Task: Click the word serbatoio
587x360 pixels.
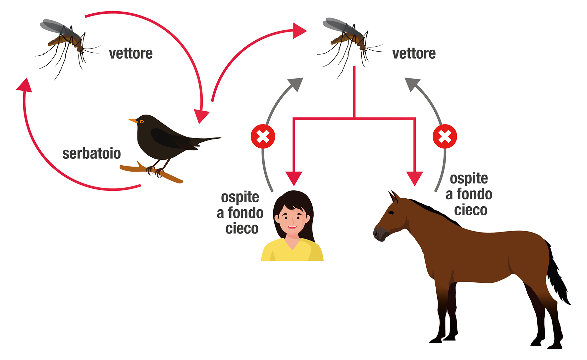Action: tap(91, 154)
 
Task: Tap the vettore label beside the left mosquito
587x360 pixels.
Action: tap(131, 54)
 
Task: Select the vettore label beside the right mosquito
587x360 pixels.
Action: tap(414, 54)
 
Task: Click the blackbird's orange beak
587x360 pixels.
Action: tap(133, 121)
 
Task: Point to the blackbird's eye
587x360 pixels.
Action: tap(142, 122)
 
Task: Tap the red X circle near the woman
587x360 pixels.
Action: tap(263, 136)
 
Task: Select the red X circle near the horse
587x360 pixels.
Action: tap(445, 136)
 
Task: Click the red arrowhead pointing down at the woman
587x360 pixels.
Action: tap(294, 178)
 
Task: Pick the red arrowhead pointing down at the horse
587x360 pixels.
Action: tap(414, 178)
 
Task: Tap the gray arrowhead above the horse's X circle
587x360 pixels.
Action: tap(412, 84)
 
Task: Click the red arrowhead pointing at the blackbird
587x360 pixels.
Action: tap(201, 116)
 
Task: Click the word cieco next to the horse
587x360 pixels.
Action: tap(470, 210)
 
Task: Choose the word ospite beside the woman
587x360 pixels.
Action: tap(240, 197)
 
